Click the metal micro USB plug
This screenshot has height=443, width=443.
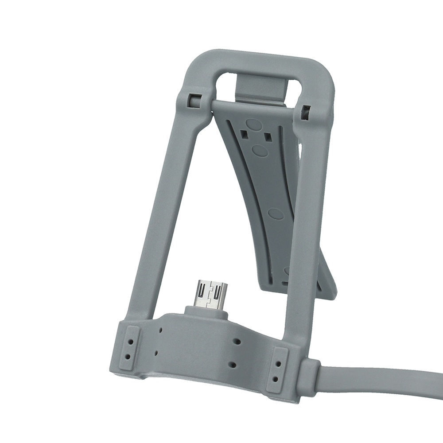[212, 294]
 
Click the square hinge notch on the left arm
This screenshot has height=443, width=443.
[193, 99]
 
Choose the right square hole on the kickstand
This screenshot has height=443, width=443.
[268, 138]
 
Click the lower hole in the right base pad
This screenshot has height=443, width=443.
[276, 379]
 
